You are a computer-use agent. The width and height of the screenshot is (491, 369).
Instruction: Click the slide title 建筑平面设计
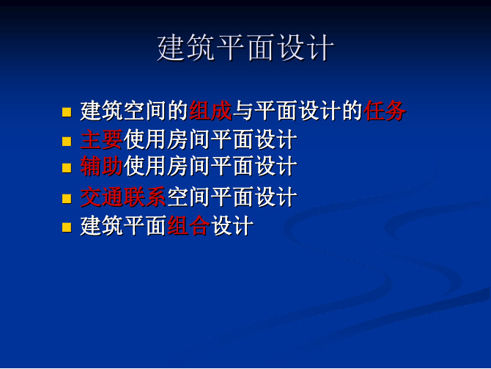[245, 48]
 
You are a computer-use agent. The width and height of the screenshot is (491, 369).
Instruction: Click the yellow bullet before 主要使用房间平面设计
[67, 141]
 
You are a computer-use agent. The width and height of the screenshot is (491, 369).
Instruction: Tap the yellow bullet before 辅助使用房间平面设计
[67, 168]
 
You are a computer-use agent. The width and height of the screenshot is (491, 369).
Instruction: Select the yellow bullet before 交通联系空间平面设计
[67, 199]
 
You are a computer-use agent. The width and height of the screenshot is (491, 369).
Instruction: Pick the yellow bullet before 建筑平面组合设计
[67, 227]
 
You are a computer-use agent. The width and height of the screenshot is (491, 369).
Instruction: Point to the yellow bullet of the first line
[67, 112]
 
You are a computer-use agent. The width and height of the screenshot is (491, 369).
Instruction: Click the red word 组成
[211, 111]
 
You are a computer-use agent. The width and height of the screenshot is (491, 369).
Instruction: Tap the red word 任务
[385, 111]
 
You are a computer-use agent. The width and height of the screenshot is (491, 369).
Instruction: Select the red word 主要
[101, 139]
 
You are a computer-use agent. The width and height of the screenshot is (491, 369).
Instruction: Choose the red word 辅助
[101, 166]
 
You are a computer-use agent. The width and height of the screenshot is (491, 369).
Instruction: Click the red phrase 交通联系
[123, 197]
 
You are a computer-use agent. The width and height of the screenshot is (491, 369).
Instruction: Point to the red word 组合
[189, 225]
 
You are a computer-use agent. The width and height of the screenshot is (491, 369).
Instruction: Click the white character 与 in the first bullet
[243, 111]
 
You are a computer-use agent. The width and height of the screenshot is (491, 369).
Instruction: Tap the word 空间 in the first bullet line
[145, 111]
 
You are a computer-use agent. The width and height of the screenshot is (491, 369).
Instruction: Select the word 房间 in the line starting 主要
[188, 139]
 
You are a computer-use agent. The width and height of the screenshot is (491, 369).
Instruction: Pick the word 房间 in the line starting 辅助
[188, 166]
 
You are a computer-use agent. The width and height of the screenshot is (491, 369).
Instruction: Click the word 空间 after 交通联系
[188, 197]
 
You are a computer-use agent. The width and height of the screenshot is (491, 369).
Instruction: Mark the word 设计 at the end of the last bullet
[232, 225]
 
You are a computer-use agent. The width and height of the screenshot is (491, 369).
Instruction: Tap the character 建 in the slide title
[171, 48]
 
